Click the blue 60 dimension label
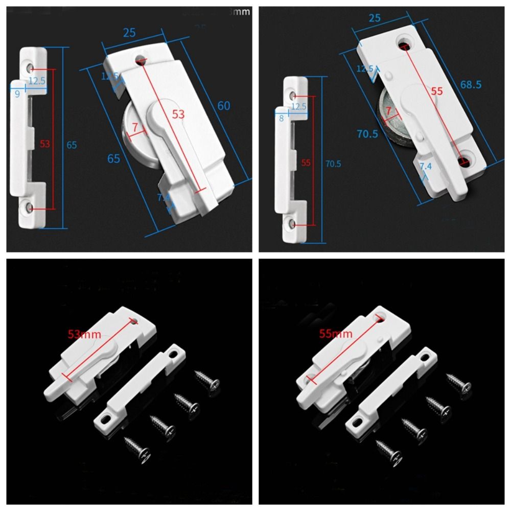[224, 106]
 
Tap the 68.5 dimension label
[471, 84]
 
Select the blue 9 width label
[17, 94]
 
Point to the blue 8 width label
[281, 119]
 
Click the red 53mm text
[84, 335]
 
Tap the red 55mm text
[336, 334]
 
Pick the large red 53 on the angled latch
[178, 114]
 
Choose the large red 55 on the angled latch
[436, 91]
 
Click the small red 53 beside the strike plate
[45, 144]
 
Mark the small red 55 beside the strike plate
[306, 163]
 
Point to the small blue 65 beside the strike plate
[72, 145]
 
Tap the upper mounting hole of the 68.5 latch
[405, 40]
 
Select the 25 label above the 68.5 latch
[375, 18]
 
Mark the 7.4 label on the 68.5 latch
[425, 167]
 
